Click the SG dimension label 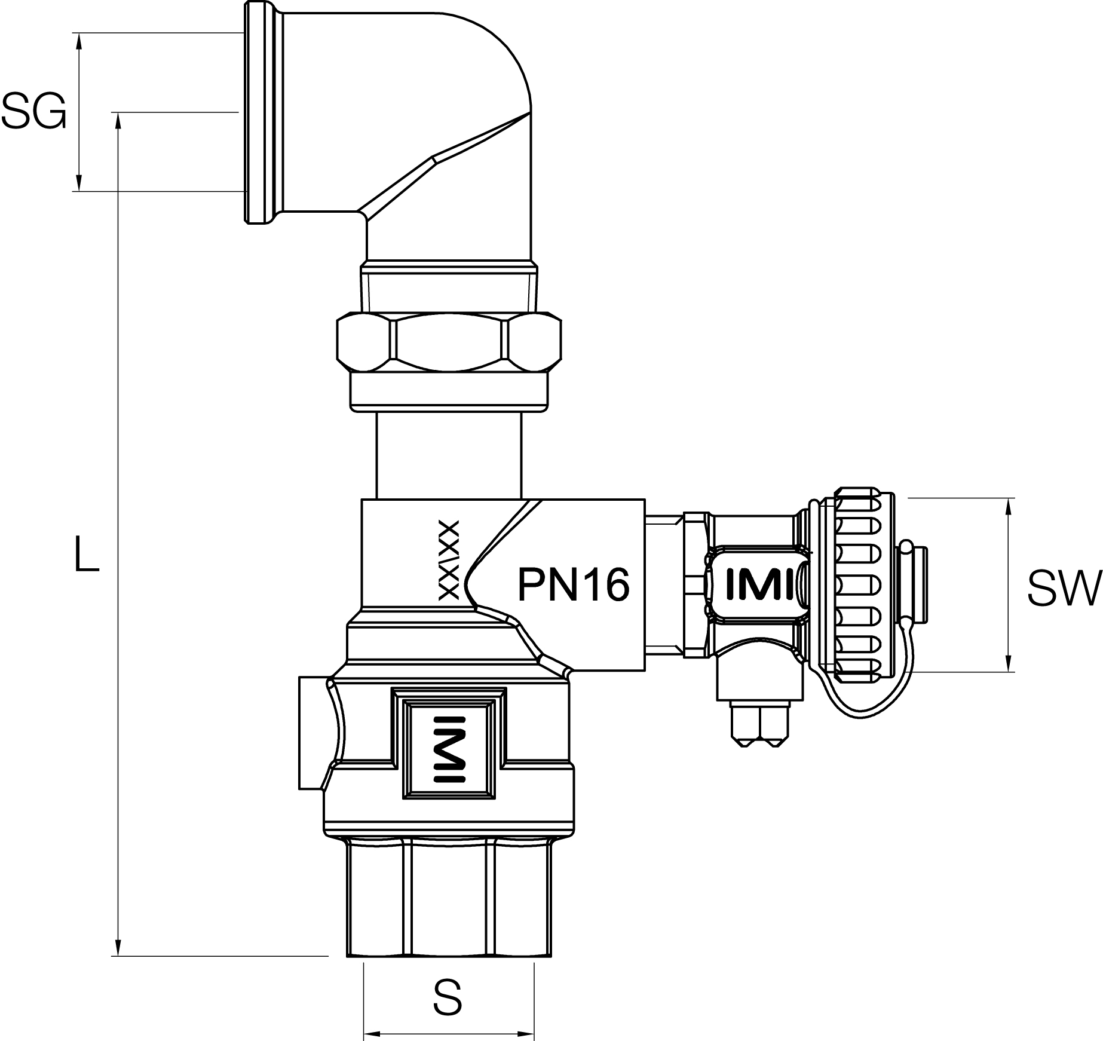[x=33, y=112]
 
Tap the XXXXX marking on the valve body [x=449, y=560]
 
